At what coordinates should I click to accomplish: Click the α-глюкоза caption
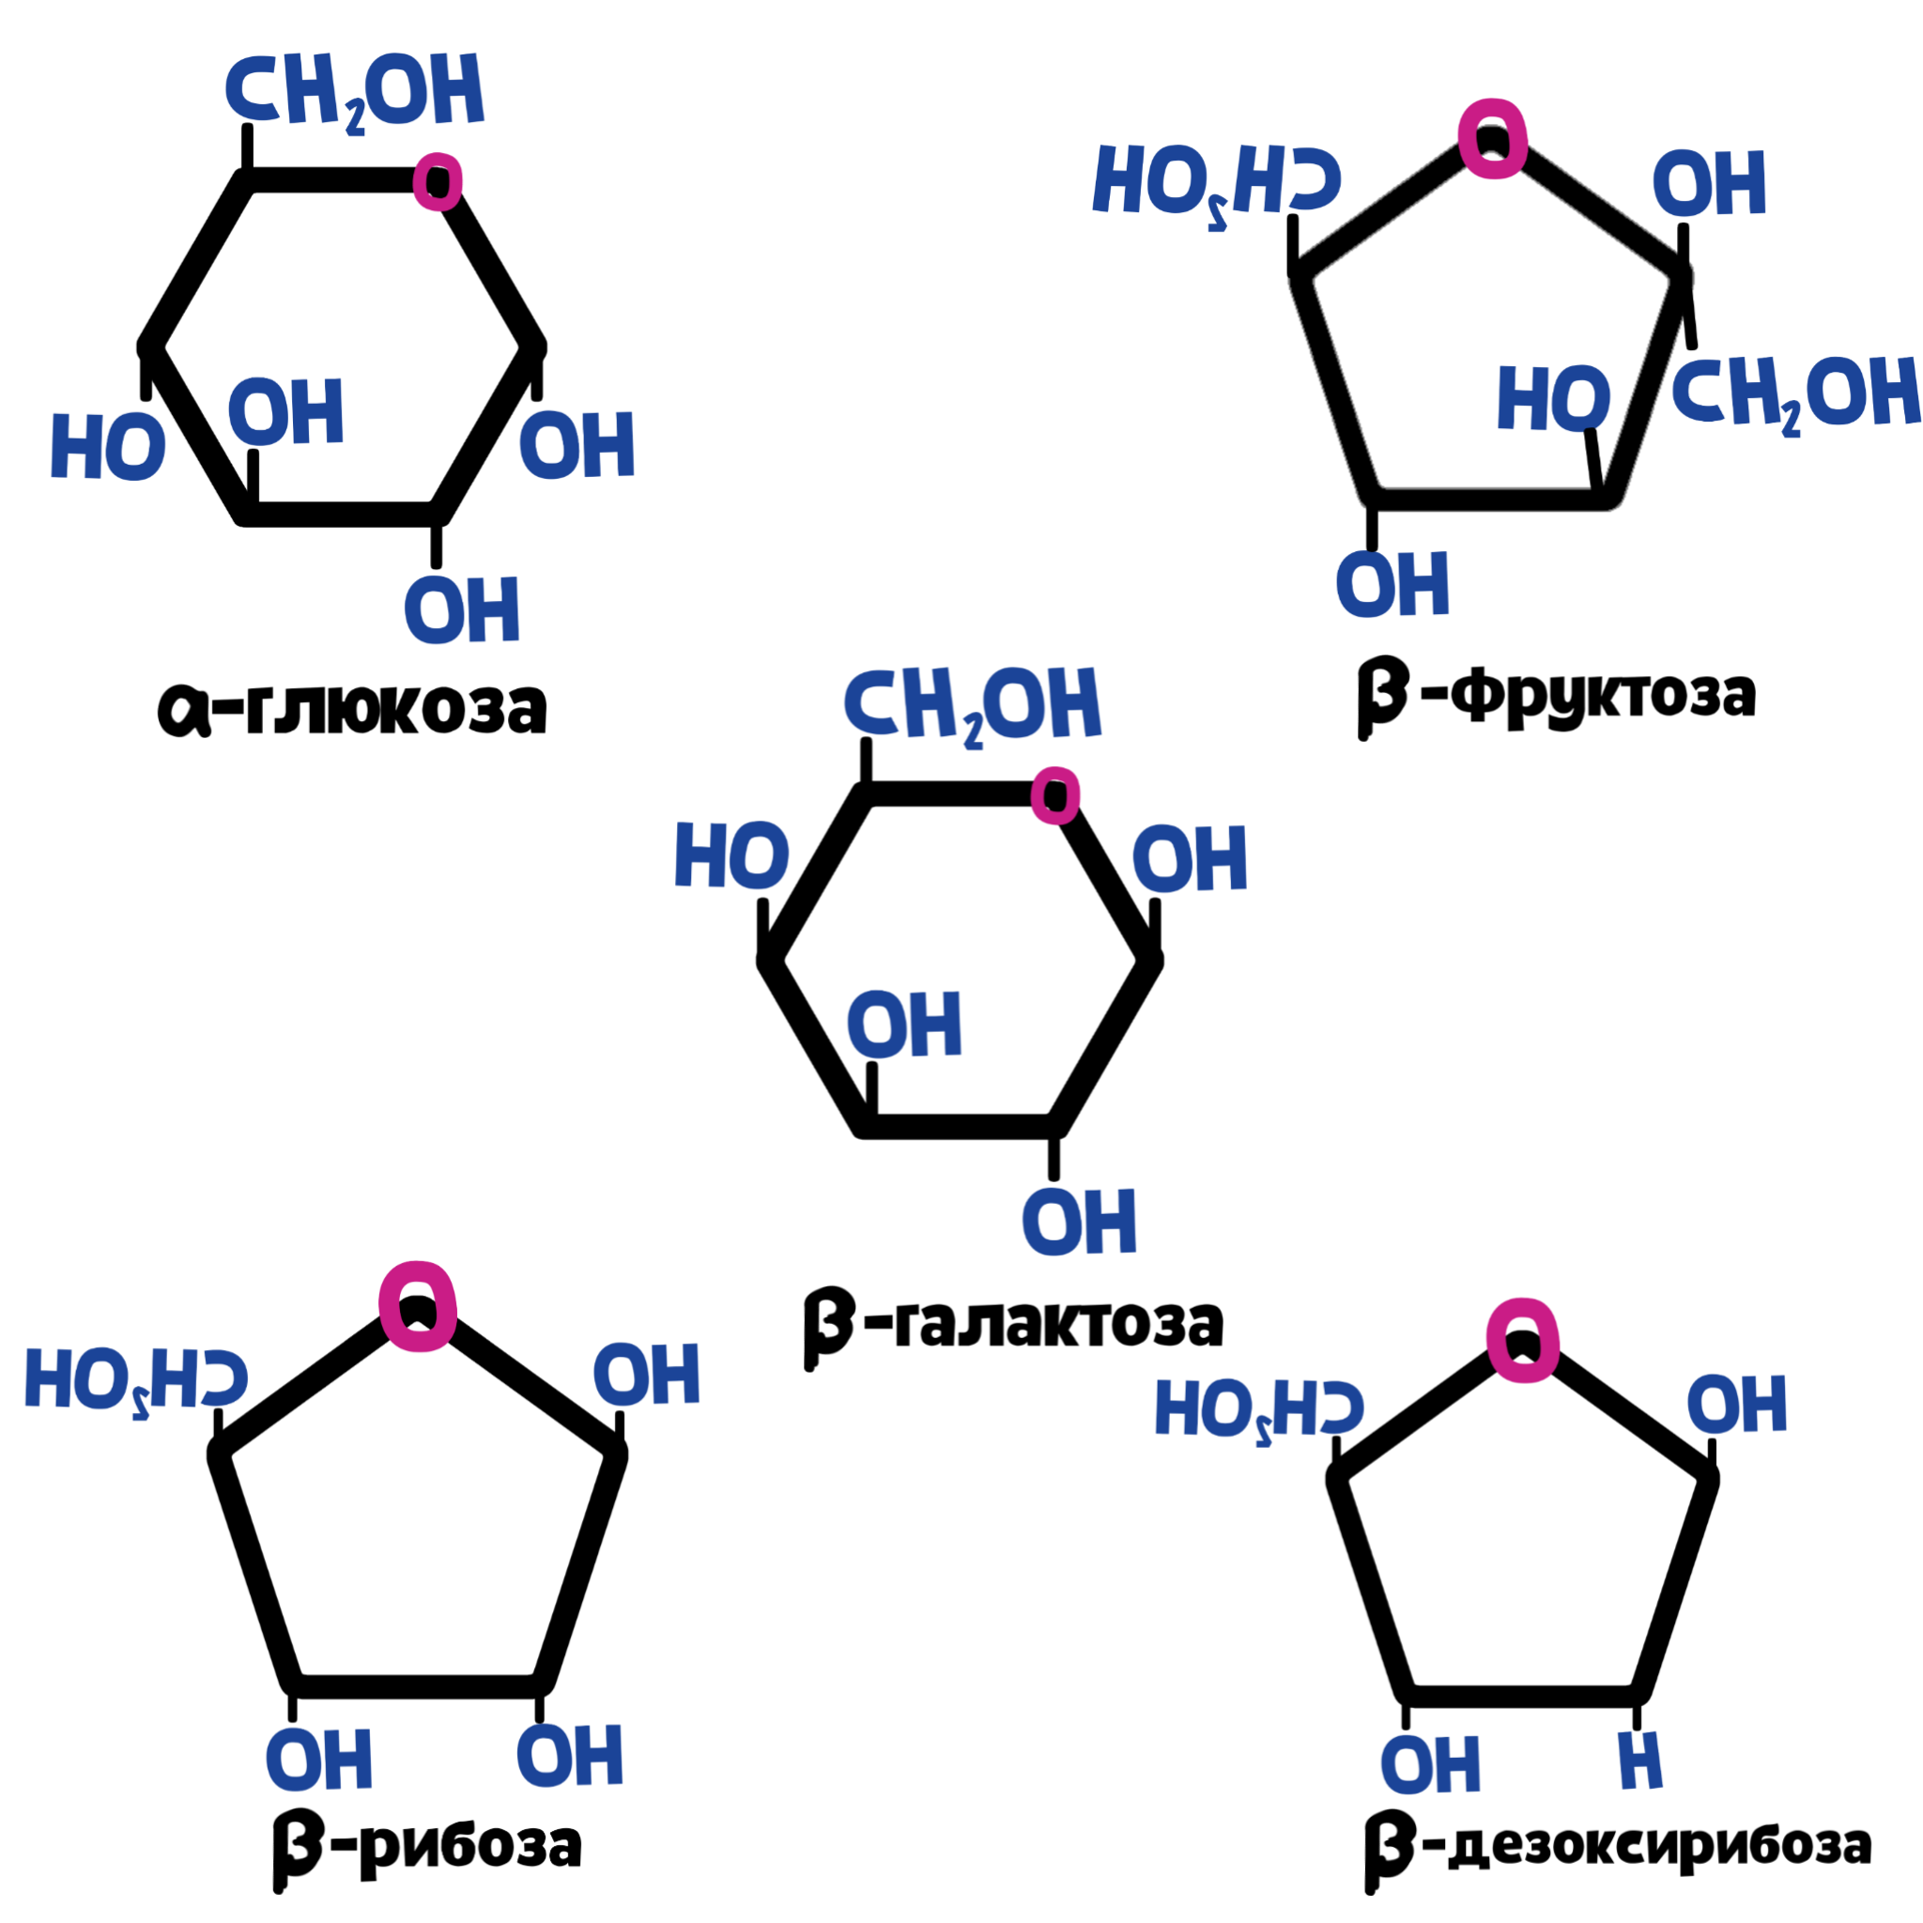pyautogui.click(x=352, y=708)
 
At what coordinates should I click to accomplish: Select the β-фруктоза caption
pyautogui.click(x=1556, y=696)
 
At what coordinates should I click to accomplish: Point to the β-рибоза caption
pyautogui.click(x=427, y=1843)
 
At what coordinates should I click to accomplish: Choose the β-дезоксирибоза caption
pyautogui.click(x=1618, y=1843)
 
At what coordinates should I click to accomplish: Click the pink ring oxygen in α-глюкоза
pyautogui.click(x=438, y=181)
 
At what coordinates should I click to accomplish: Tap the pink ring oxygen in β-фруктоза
pyautogui.click(x=1493, y=138)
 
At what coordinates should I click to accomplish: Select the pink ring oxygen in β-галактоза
pyautogui.click(x=1055, y=795)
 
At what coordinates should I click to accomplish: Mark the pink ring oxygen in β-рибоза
pyautogui.click(x=418, y=1306)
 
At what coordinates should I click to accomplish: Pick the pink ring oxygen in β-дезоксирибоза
pyautogui.click(x=1523, y=1341)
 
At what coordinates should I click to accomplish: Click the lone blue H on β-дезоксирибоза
pyautogui.click(x=1640, y=1761)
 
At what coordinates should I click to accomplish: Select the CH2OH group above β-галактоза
pyautogui.click(x=973, y=705)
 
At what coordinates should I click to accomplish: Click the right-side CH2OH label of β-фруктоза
pyautogui.click(x=1795, y=395)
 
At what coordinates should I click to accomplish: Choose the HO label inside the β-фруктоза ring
pyautogui.click(x=1554, y=398)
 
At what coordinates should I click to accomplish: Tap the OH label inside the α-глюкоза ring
pyautogui.click(x=286, y=411)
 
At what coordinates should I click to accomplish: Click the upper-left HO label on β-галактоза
pyautogui.click(x=731, y=854)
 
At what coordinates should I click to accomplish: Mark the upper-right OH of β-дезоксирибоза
pyautogui.click(x=1737, y=1405)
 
